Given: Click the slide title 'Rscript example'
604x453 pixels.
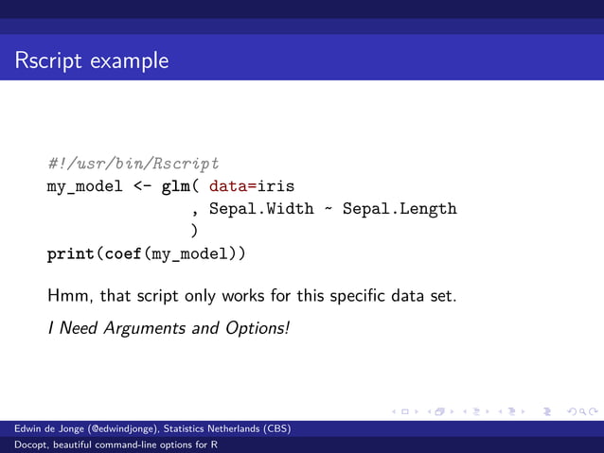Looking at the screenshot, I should tap(92, 61).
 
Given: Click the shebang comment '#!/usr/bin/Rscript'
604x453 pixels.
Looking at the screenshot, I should tap(133, 165).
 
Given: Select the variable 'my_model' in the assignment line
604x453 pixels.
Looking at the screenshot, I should tap(85, 186).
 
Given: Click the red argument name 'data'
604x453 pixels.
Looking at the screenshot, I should tap(227, 186).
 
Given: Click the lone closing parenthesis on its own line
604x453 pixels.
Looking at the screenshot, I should tap(194, 231).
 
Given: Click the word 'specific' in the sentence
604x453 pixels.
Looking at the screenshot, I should tap(364, 296).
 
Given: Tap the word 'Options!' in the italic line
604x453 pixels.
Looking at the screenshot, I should tap(258, 328).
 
